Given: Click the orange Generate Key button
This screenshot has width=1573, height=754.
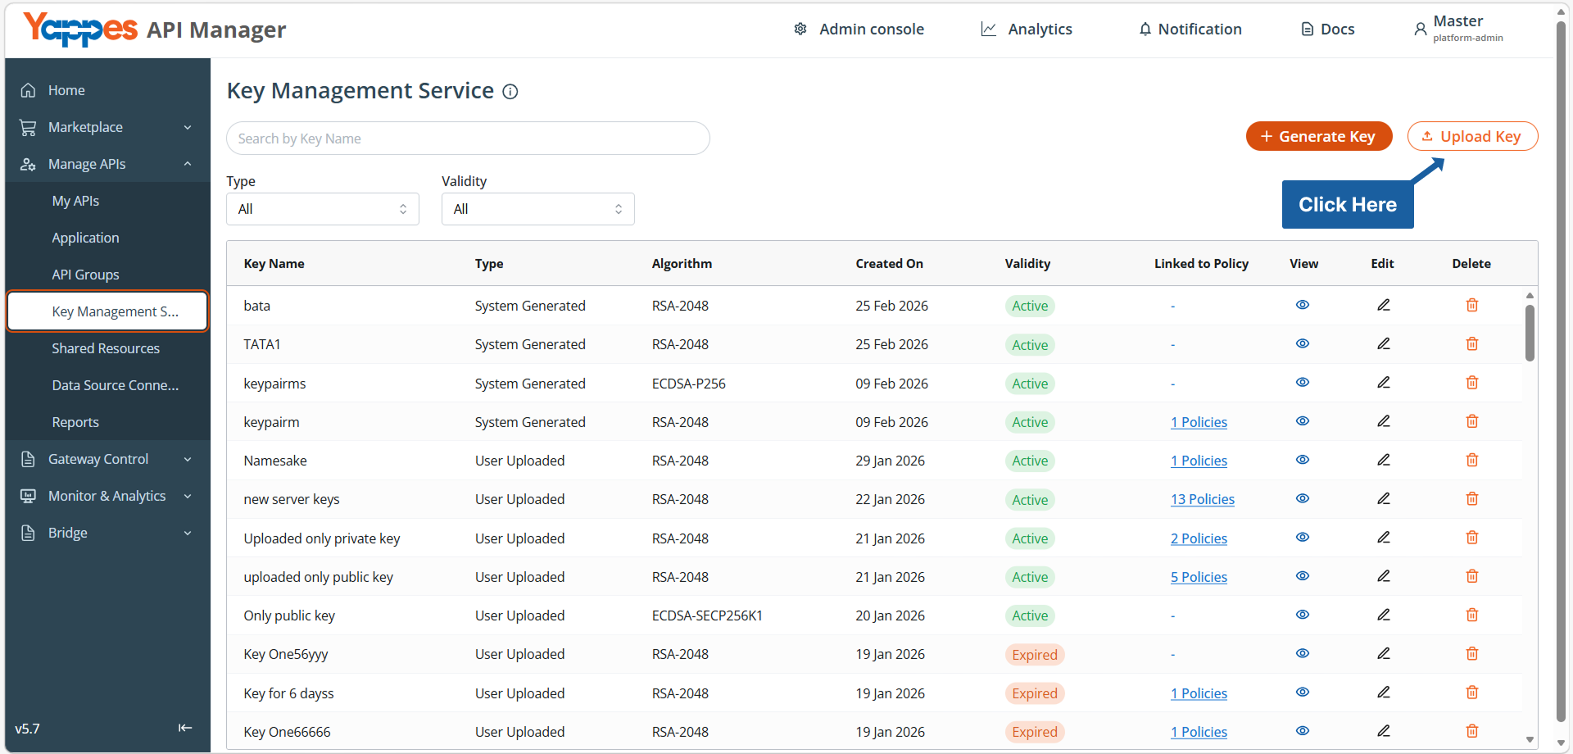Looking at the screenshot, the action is pyautogui.click(x=1318, y=136).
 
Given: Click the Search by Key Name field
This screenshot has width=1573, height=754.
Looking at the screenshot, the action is pyautogui.click(x=468, y=139).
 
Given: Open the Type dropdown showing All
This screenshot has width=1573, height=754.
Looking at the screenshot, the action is pyautogui.click(x=323, y=209).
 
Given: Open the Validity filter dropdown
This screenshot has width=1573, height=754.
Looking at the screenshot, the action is pyautogui.click(x=537, y=209).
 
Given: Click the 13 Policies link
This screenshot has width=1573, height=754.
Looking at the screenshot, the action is pyautogui.click(x=1202, y=499).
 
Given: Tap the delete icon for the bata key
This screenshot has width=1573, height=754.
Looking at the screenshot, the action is pyautogui.click(x=1471, y=305).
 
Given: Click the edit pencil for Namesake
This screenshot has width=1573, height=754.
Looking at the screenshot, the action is pyautogui.click(x=1383, y=460).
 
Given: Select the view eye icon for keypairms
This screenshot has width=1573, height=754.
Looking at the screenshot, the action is pyautogui.click(x=1302, y=383).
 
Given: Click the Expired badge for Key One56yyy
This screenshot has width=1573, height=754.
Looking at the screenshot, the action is pyautogui.click(x=1034, y=655).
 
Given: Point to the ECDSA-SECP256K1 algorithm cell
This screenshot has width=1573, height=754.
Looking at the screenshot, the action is pyautogui.click(x=707, y=615).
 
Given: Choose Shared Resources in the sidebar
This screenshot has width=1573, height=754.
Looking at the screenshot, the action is pyautogui.click(x=106, y=348).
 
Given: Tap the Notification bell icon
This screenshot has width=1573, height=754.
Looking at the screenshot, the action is pyautogui.click(x=1145, y=30).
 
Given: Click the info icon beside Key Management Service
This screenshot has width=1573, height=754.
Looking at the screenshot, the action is pyautogui.click(x=510, y=92).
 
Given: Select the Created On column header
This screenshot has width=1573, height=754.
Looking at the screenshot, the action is pyautogui.click(x=889, y=264).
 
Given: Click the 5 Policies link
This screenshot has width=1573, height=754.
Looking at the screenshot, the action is pyautogui.click(x=1199, y=577).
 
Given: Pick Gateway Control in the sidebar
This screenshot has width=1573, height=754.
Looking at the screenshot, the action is pyautogui.click(x=98, y=459).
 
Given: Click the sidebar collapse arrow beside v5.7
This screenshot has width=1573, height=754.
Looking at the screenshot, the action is pyautogui.click(x=185, y=728).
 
